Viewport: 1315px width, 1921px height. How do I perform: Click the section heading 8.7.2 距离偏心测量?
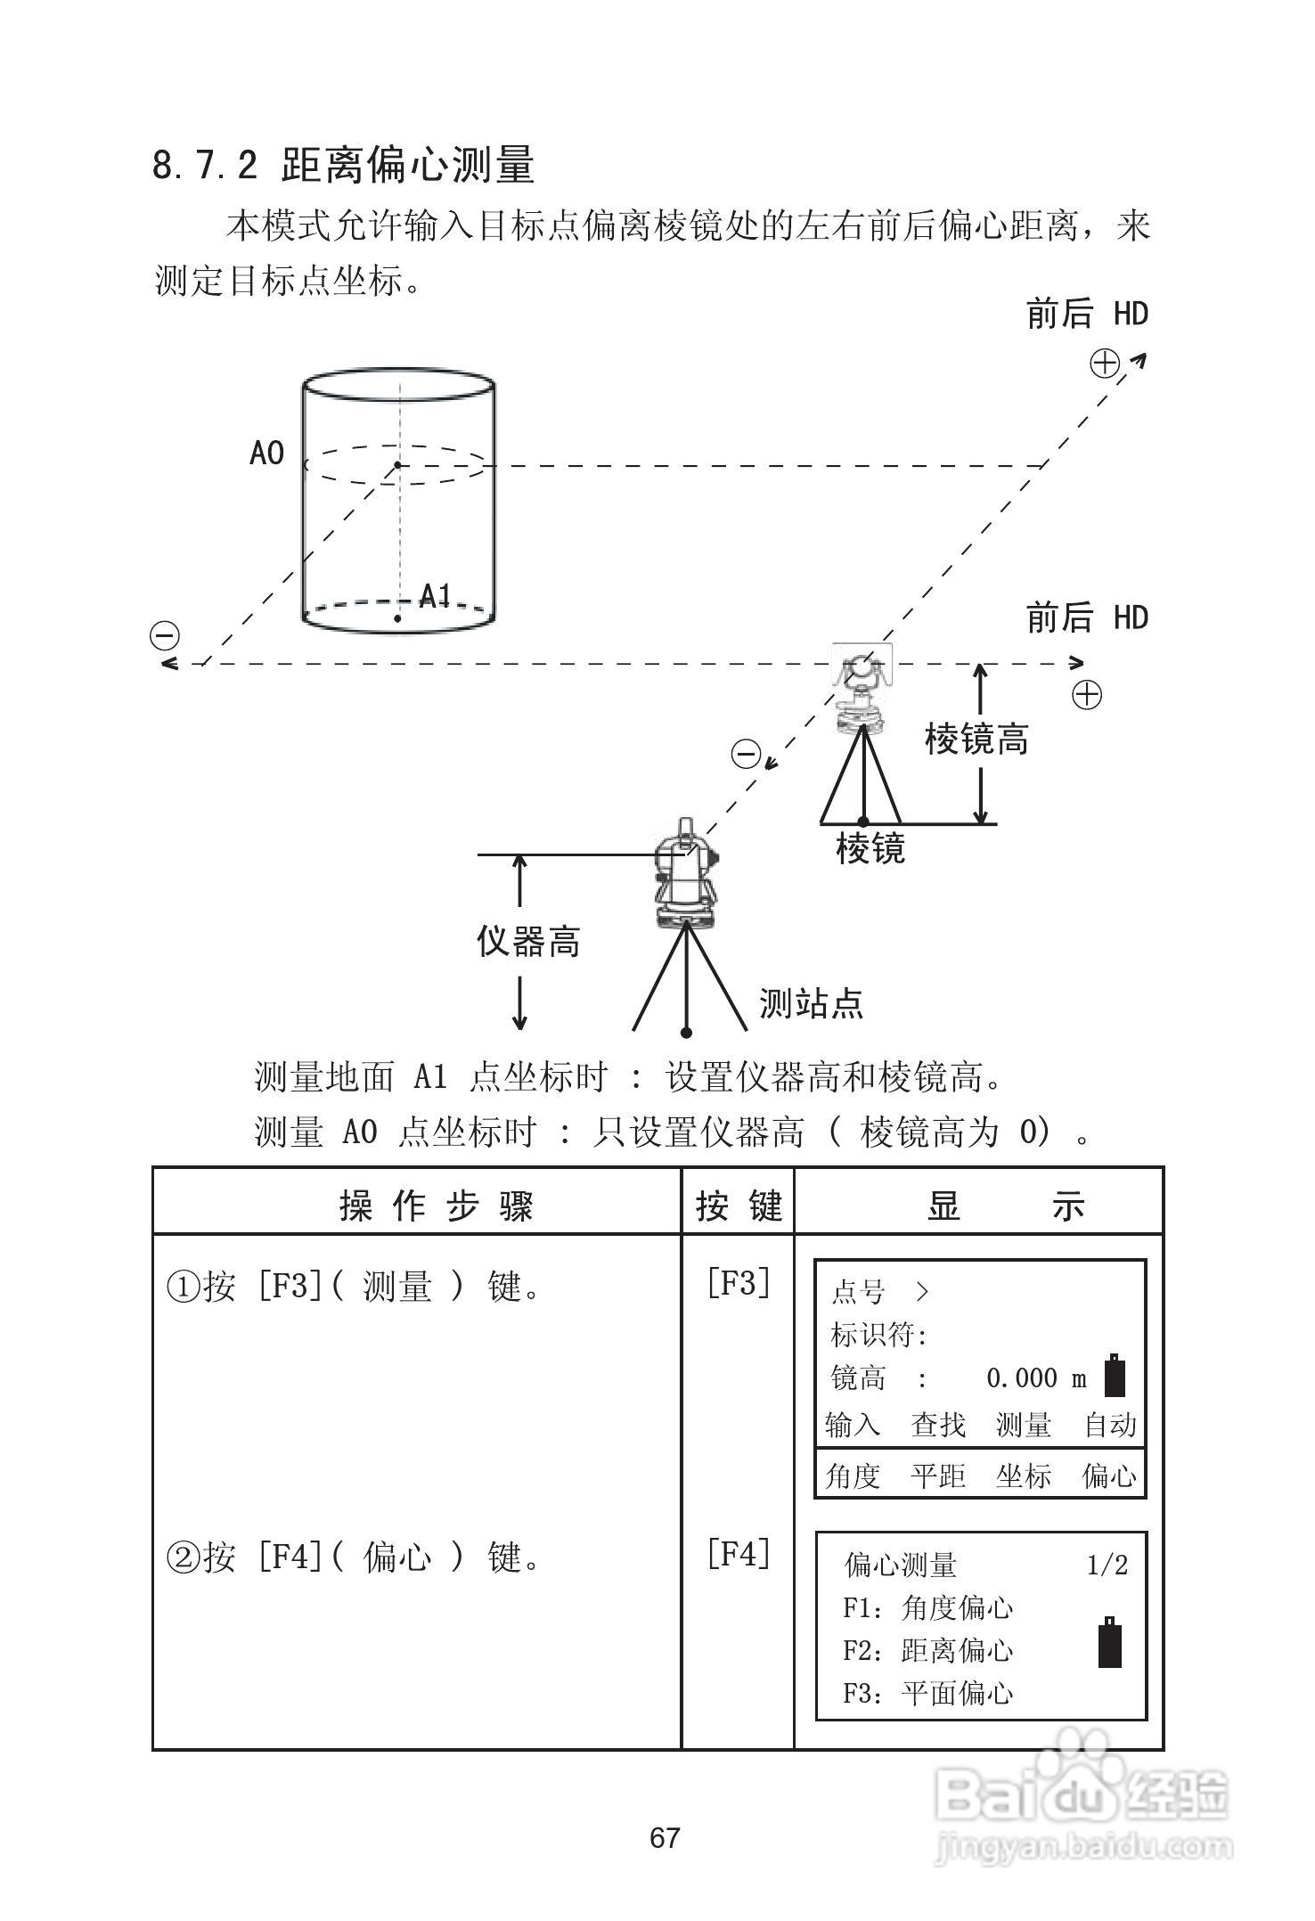click(343, 165)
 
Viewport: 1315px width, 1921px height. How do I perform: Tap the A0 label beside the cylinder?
click(266, 454)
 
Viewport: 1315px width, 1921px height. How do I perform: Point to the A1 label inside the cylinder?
click(435, 595)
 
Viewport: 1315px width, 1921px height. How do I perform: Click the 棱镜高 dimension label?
click(976, 739)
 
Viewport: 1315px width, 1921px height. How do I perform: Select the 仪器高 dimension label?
click(528, 940)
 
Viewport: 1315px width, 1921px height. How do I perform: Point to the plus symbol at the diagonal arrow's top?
click(1105, 364)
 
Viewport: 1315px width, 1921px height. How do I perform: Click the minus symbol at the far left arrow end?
click(165, 636)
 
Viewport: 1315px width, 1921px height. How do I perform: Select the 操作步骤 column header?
click(436, 1206)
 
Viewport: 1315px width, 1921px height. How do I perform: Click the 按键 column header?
click(739, 1206)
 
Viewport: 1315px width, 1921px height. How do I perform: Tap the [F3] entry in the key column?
click(738, 1284)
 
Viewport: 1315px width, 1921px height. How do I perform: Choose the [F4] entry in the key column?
click(738, 1555)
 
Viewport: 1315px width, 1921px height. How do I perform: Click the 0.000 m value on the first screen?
click(1036, 1378)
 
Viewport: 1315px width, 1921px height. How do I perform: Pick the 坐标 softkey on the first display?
click(1024, 1476)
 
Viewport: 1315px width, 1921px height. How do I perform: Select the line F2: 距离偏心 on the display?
click(927, 1651)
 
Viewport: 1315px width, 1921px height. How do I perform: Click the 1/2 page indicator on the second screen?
click(1107, 1565)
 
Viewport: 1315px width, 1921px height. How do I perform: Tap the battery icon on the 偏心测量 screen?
click(1110, 1641)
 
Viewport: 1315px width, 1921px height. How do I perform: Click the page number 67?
click(665, 1837)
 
